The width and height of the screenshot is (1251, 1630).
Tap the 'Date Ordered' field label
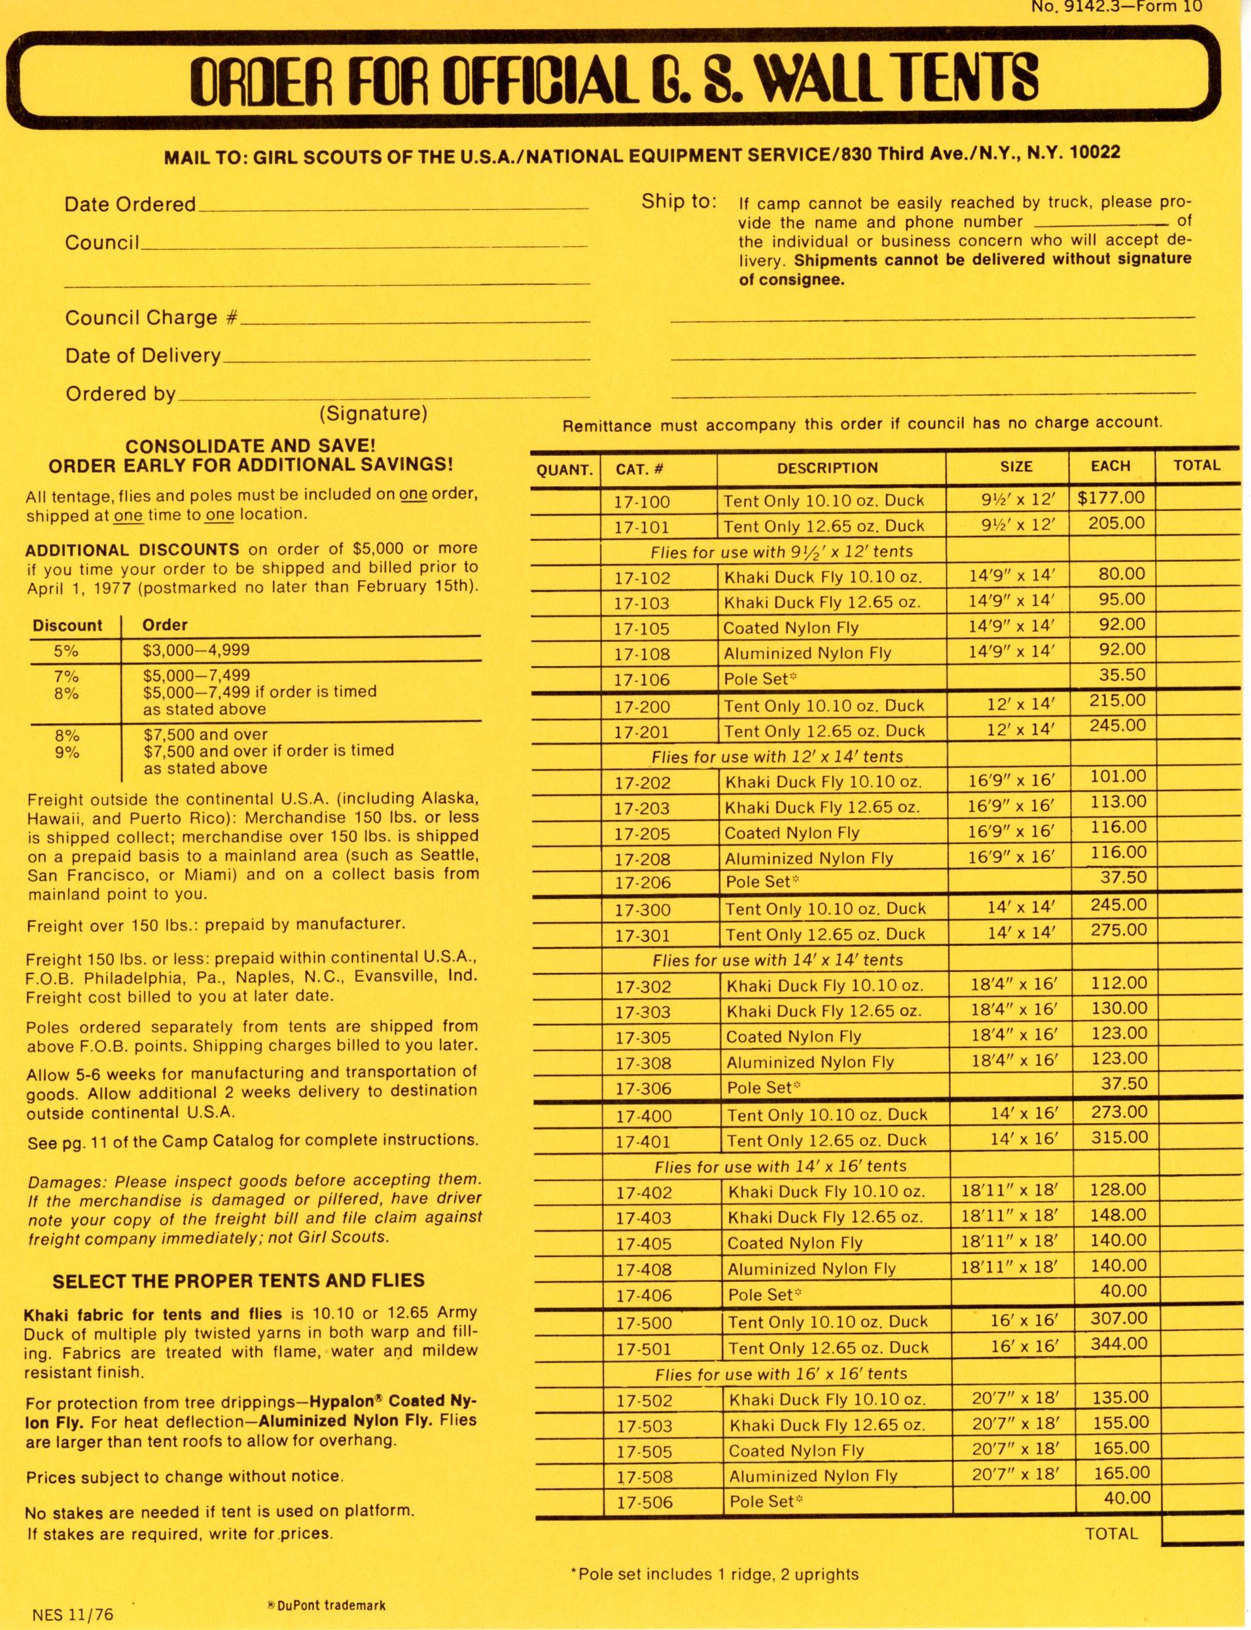[131, 204]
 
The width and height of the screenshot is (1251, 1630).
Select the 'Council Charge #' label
[151, 318]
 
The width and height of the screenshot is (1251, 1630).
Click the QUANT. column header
[564, 469]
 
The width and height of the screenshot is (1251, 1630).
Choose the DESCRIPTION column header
[827, 468]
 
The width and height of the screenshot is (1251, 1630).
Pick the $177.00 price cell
[1110, 498]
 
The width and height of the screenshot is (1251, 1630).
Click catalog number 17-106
[641, 679]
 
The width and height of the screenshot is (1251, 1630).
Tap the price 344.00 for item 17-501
[1119, 1343]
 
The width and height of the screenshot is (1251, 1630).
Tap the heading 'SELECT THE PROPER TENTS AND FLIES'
[238, 1280]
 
